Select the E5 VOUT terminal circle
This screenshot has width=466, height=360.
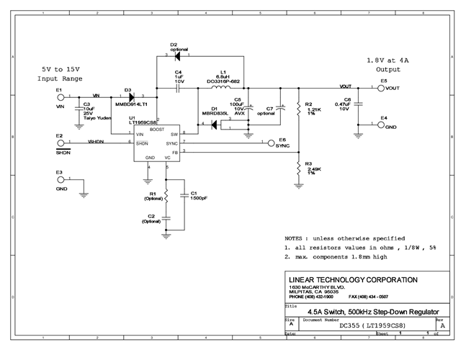[x=382, y=88]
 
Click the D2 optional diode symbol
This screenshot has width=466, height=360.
[x=178, y=55]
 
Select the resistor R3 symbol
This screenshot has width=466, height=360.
[x=298, y=168]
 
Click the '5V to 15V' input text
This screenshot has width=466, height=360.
[x=61, y=69]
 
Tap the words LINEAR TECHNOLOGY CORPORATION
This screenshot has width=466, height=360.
[x=352, y=279]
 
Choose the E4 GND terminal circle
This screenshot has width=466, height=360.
[x=382, y=125]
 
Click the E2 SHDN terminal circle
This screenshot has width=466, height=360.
[x=60, y=142]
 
